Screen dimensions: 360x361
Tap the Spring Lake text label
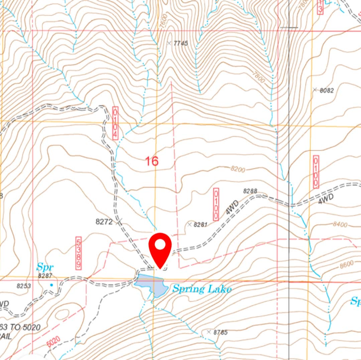point(202,289)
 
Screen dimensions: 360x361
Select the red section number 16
point(151,161)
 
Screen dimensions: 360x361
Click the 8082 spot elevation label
point(326,90)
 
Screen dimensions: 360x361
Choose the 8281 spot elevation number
point(201,224)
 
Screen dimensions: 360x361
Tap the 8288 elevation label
point(250,191)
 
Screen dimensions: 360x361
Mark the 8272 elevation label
point(104,222)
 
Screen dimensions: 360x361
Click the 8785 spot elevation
point(220,332)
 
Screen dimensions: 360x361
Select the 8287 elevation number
point(45,276)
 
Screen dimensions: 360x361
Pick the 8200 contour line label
point(238,169)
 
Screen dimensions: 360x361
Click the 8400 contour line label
point(340,225)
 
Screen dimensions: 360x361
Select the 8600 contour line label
point(346,264)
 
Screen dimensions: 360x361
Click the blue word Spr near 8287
point(45,267)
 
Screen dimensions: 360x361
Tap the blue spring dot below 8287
point(51,285)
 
